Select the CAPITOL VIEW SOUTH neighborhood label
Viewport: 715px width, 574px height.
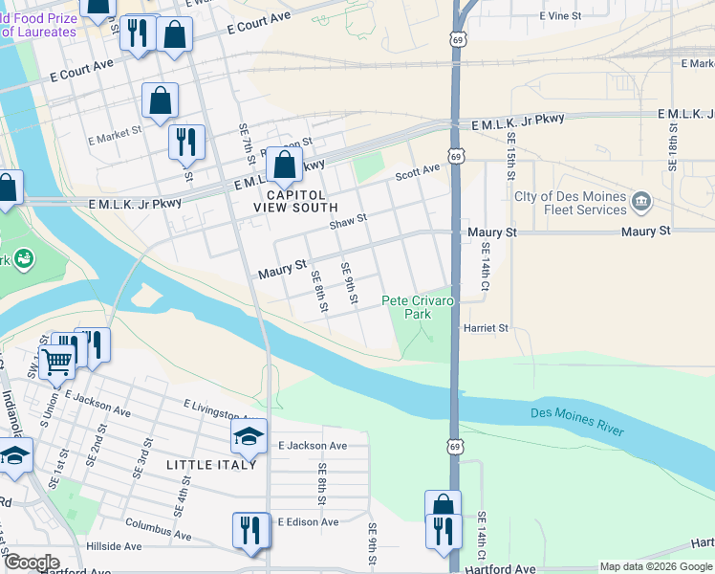tap(295, 200)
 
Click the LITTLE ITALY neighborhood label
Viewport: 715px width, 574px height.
tap(211, 464)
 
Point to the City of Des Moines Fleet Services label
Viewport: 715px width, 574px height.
tap(570, 203)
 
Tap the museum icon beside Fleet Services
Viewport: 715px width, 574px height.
tap(641, 201)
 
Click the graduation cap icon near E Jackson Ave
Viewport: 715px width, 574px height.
tap(249, 437)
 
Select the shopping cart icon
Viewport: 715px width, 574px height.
tap(57, 360)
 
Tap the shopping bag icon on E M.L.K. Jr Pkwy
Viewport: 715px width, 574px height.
tap(285, 165)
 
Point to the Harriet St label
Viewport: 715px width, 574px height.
tap(486, 328)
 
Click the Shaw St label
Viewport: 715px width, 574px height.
tap(348, 223)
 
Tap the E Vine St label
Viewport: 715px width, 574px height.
tap(560, 16)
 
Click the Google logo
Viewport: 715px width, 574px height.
tap(32, 563)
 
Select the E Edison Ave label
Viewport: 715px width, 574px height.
tap(309, 522)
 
